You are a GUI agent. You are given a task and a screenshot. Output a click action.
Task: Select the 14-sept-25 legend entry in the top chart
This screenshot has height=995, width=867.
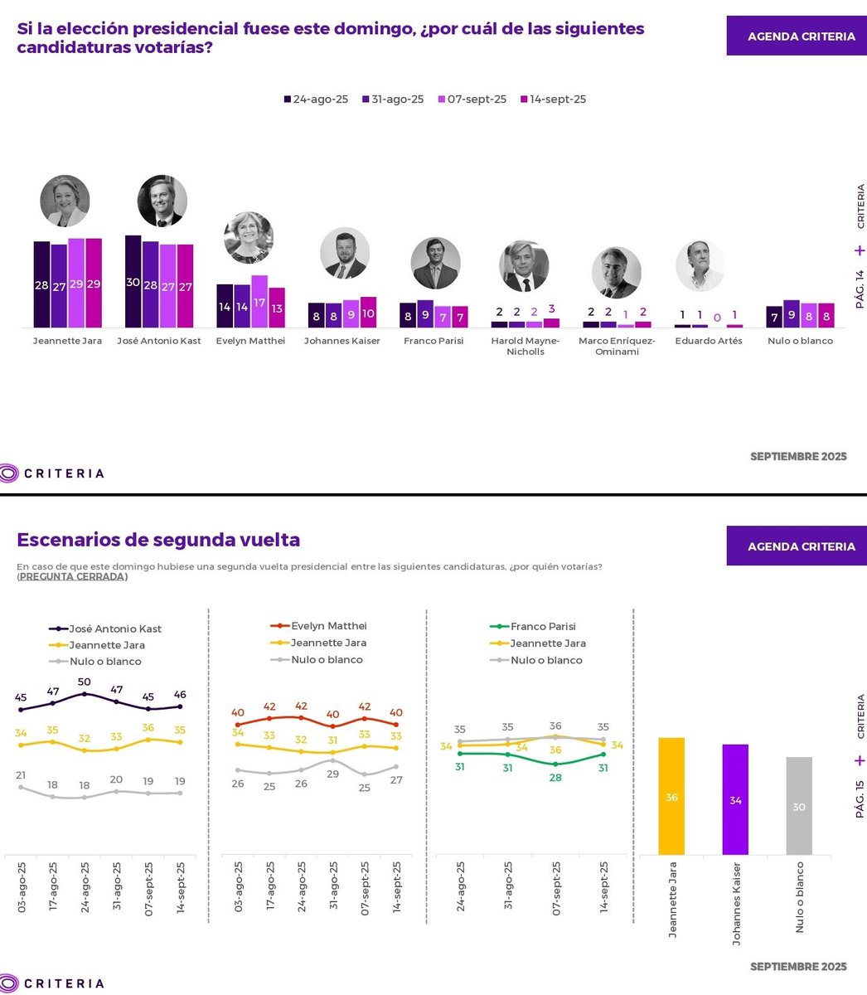click(x=553, y=99)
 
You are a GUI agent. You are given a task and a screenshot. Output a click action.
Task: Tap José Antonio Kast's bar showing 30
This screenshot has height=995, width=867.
click(x=133, y=282)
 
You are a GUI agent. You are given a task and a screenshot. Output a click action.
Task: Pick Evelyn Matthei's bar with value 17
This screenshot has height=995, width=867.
click(x=259, y=302)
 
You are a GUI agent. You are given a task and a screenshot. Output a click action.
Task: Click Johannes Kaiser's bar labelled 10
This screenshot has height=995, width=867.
click(x=368, y=313)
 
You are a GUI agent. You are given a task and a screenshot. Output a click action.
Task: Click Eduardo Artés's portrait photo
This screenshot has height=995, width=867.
click(x=700, y=265)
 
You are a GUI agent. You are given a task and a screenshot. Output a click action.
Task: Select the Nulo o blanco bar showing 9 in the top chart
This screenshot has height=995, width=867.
click(x=792, y=314)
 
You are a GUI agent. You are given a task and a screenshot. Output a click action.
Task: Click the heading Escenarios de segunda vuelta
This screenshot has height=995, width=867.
click(x=158, y=540)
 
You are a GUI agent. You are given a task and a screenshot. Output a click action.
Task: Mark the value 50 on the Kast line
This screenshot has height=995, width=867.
click(x=84, y=682)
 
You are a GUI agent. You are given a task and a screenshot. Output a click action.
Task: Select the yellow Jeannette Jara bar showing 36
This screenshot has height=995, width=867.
click(x=671, y=797)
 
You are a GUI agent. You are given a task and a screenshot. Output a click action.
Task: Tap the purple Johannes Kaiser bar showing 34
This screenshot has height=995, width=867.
click(x=734, y=800)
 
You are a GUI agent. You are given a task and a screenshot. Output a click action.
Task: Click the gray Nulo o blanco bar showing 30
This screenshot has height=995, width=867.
click(x=798, y=806)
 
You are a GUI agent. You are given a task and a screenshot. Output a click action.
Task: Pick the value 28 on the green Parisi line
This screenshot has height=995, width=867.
click(x=555, y=777)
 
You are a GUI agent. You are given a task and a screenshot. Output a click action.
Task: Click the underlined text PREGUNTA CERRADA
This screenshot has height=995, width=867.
click(x=72, y=577)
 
